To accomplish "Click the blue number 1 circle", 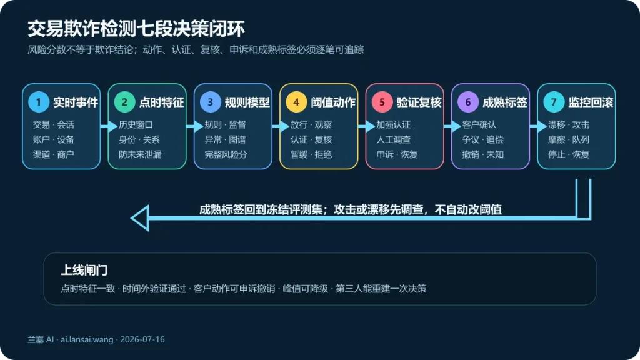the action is click(x=39, y=102).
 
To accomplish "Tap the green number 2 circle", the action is click(x=124, y=102).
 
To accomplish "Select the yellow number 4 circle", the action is click(x=296, y=102).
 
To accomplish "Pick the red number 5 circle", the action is click(x=382, y=102).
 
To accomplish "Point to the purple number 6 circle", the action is click(x=468, y=102).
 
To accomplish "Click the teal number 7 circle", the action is click(x=554, y=102).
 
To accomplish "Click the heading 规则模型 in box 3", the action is click(x=247, y=102).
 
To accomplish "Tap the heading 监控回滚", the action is click(x=591, y=102).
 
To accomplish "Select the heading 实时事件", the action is click(x=76, y=102).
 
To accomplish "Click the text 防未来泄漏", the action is click(x=140, y=154).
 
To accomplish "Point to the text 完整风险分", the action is click(x=226, y=154).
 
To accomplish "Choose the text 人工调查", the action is click(x=394, y=139).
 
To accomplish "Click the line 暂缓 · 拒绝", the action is click(x=311, y=154).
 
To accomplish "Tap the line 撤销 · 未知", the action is click(x=483, y=154).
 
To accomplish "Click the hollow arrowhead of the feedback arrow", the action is click(x=139, y=218).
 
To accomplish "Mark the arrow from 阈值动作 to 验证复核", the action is click(x=366, y=126).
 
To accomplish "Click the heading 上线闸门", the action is click(x=84, y=270).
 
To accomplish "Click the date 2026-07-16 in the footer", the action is click(x=142, y=339).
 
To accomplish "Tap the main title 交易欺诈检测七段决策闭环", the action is click(x=136, y=29).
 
